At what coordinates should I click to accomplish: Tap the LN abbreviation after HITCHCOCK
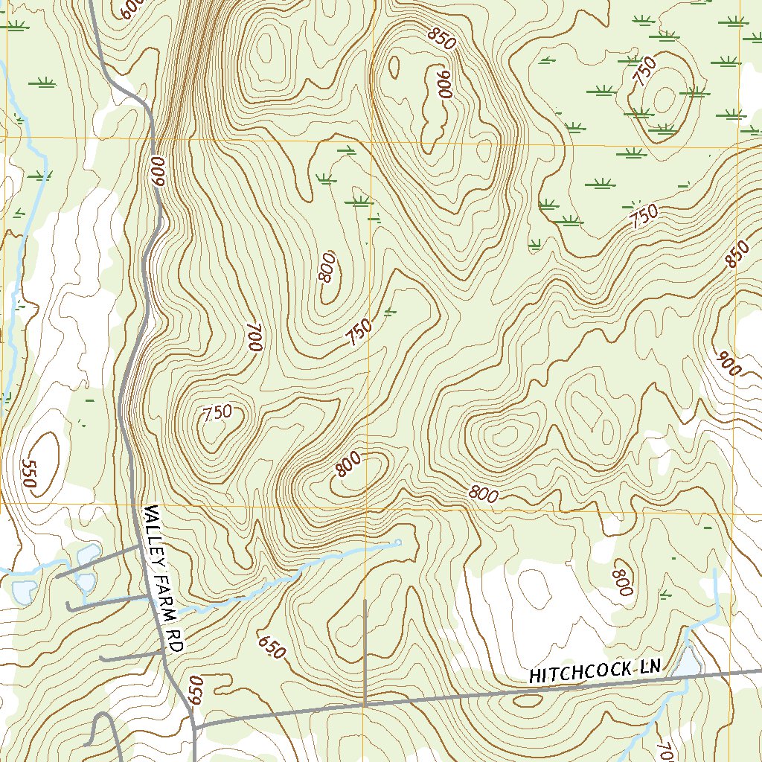[649, 667]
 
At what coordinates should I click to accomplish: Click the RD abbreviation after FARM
[175, 640]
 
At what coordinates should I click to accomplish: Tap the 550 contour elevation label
[29, 473]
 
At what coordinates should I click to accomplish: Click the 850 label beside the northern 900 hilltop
[441, 39]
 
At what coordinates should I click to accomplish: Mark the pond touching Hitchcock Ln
[688, 662]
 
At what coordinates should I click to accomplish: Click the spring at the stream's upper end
[398, 542]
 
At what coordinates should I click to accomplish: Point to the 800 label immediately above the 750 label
[327, 266]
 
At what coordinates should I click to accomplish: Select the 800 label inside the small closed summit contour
[348, 464]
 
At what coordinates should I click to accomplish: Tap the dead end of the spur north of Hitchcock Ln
[365, 600]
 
